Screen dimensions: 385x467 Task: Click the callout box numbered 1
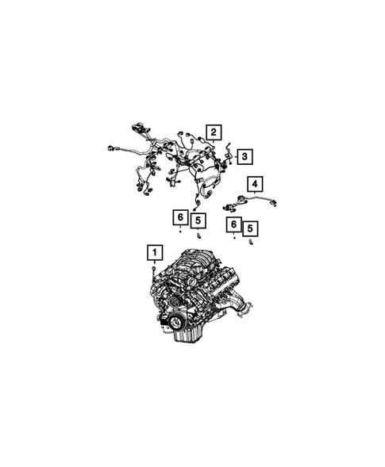[155, 253]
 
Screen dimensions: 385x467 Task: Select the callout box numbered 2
[214, 132]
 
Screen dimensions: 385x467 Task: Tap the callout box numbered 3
[244, 157]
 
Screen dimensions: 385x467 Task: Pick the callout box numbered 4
[255, 184]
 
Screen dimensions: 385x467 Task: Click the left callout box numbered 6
[180, 217]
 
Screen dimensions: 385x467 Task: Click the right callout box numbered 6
[234, 224]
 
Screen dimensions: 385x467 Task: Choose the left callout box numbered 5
[198, 220]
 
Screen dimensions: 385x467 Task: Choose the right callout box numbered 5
[250, 228]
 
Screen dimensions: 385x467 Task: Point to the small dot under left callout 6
[180, 231]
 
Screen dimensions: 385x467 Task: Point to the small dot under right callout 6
[234, 238]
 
